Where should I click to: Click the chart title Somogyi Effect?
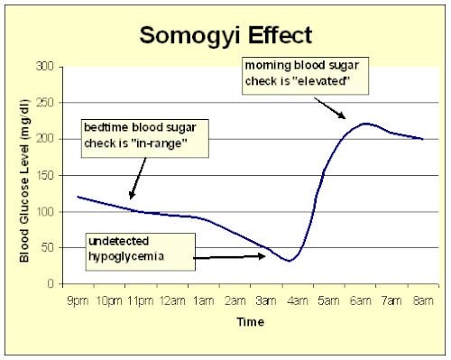click(226, 36)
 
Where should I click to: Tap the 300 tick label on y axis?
click(45, 66)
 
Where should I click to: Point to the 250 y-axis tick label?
click(45, 103)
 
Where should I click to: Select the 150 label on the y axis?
click(45, 175)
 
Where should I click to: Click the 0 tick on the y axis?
click(51, 283)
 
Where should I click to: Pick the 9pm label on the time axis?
click(78, 300)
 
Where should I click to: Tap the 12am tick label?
click(172, 300)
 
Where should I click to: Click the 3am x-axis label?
click(266, 300)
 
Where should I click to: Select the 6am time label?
click(360, 300)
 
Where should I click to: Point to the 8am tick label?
click(423, 300)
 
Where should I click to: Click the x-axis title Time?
click(251, 322)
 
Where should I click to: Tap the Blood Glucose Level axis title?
click(24, 180)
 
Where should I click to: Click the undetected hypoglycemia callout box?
click(141, 252)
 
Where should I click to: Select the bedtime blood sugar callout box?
click(145, 139)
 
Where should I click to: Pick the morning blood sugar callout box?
click(306, 76)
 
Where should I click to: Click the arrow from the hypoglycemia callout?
click(229, 257)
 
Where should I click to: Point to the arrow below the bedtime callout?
click(138, 179)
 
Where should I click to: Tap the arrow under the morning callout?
click(330, 108)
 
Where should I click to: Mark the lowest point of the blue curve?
click(289, 261)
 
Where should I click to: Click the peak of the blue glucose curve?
click(365, 124)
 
